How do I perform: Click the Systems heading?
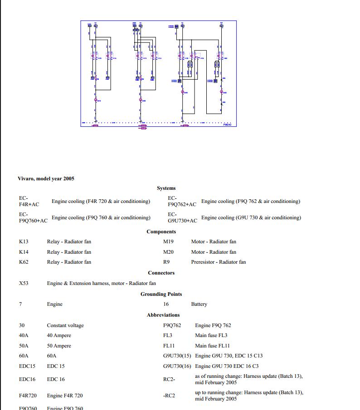pyautogui.click(x=166, y=188)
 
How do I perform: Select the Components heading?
pyautogui.click(x=161, y=232)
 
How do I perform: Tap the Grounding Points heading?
pyautogui.click(x=161, y=294)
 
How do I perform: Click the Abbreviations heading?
pyautogui.click(x=163, y=315)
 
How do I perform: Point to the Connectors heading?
pyautogui.click(x=161, y=273)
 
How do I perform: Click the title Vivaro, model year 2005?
pyautogui.click(x=46, y=178)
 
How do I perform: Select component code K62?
pyautogui.click(x=24, y=262)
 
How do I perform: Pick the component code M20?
pyautogui.click(x=168, y=252)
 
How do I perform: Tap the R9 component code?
pyautogui.click(x=166, y=262)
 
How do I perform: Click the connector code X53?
pyautogui.click(x=24, y=283)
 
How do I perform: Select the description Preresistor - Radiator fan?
pyautogui.click(x=218, y=262)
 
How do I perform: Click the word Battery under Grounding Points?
pyautogui.click(x=199, y=304)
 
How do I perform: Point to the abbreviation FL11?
pyautogui.click(x=169, y=346)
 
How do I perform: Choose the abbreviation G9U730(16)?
pyautogui.click(x=177, y=366)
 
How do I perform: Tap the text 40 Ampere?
pyautogui.click(x=59, y=336)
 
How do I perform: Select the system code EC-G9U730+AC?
pyautogui.click(x=182, y=217)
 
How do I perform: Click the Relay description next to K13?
pyautogui.click(x=69, y=241)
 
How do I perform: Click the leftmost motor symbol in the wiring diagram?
pyautogui.click(x=96, y=100)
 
